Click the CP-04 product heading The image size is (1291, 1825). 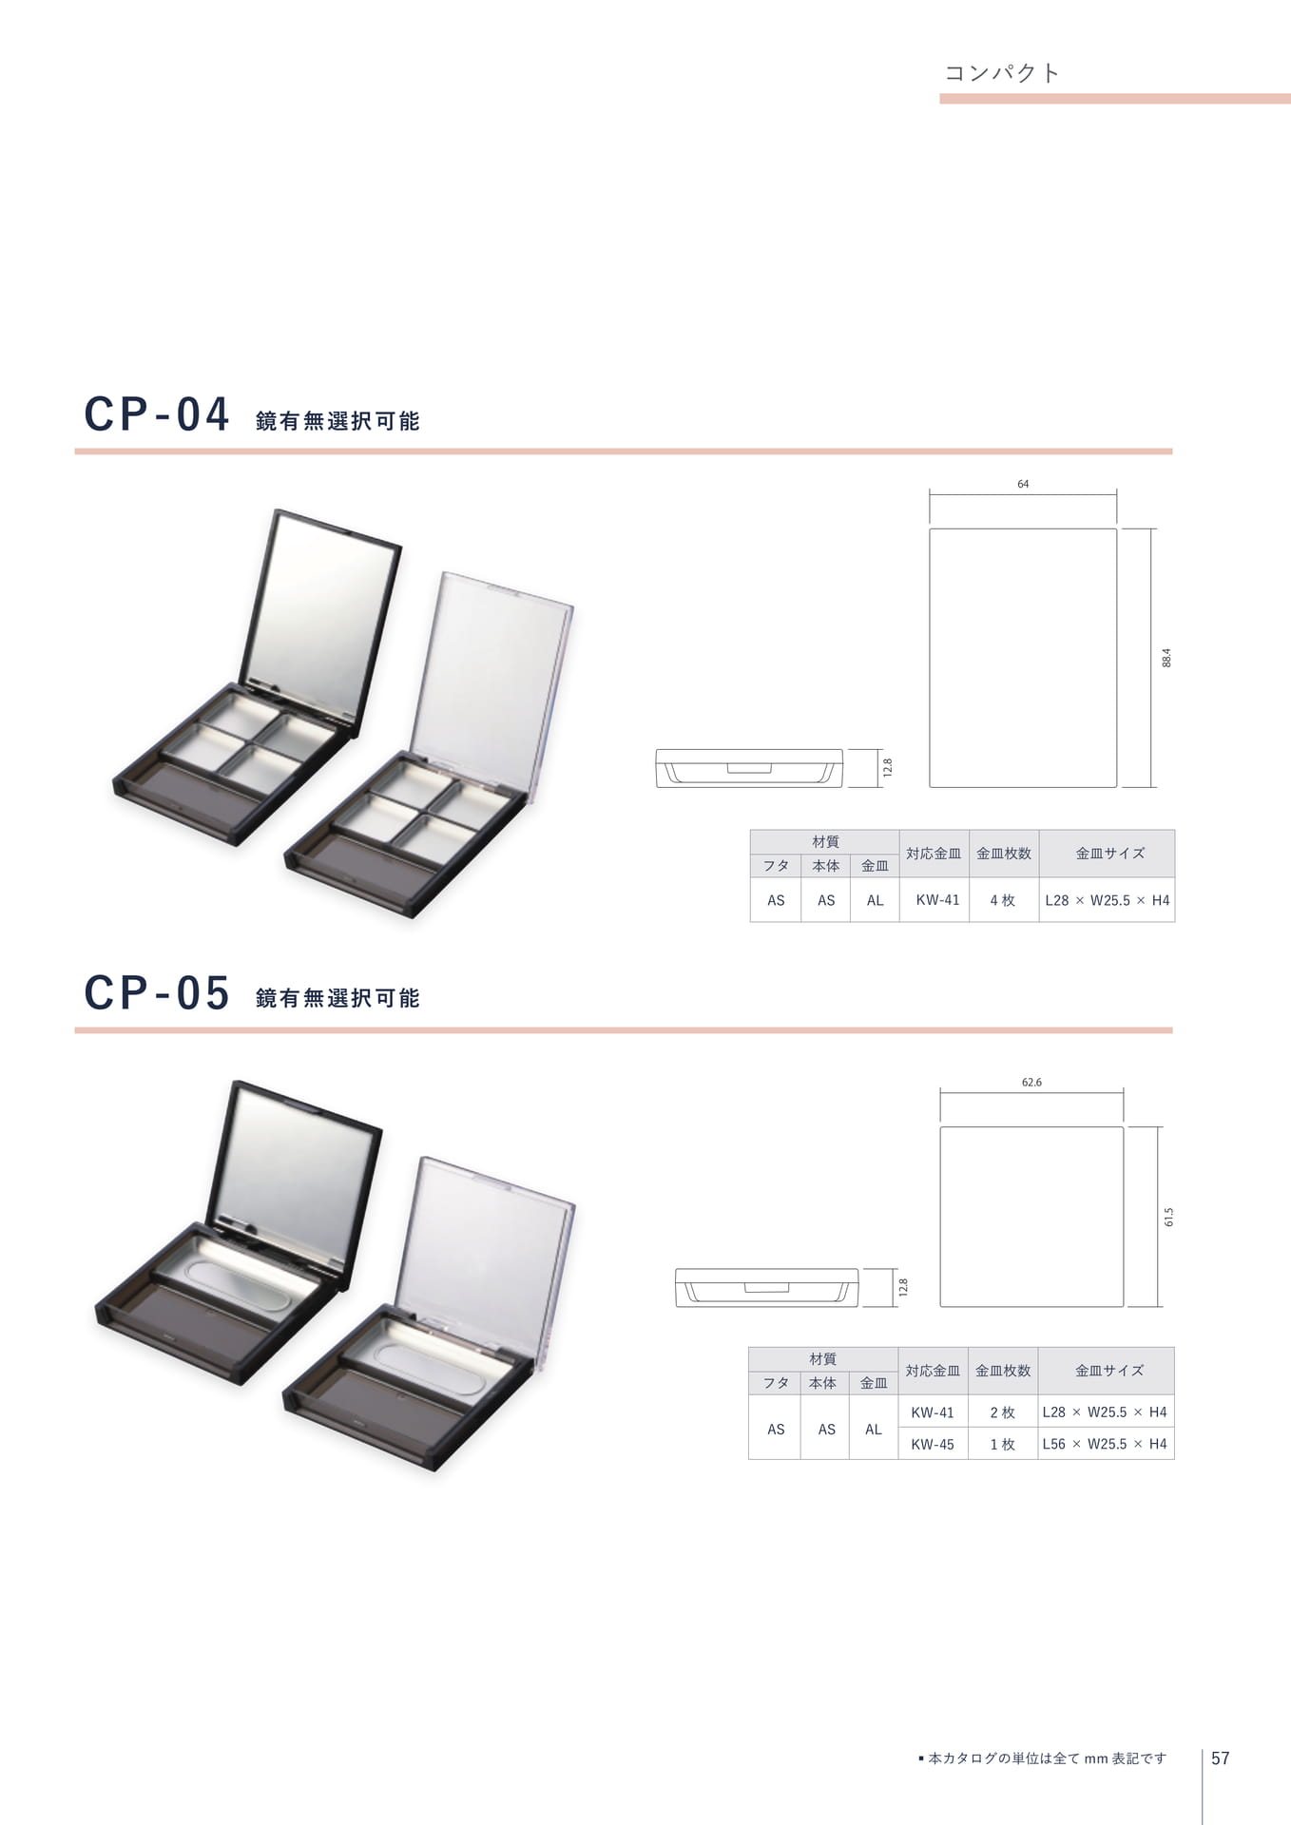[x=157, y=414]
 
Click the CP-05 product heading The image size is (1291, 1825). [x=157, y=992]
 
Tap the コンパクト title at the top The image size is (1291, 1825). [x=1002, y=73]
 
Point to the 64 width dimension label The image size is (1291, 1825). [x=1023, y=484]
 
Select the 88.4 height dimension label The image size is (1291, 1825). [x=1166, y=658]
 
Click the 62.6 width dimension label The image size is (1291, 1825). [x=1031, y=1082]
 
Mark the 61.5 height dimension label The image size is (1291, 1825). [x=1168, y=1217]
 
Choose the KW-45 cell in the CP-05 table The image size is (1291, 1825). [x=933, y=1444]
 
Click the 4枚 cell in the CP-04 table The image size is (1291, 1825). [x=1003, y=900]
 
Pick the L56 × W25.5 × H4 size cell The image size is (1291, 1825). [x=1105, y=1444]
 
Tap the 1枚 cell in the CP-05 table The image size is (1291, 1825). [x=1003, y=1444]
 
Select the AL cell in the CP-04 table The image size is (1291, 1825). [x=875, y=900]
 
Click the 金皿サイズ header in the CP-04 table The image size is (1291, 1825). [x=1109, y=854]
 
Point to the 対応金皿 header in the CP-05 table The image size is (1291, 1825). [x=933, y=1371]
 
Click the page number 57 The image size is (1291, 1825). [x=1221, y=1758]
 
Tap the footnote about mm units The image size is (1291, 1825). [x=1042, y=1758]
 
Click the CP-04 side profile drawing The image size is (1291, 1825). [x=749, y=768]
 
